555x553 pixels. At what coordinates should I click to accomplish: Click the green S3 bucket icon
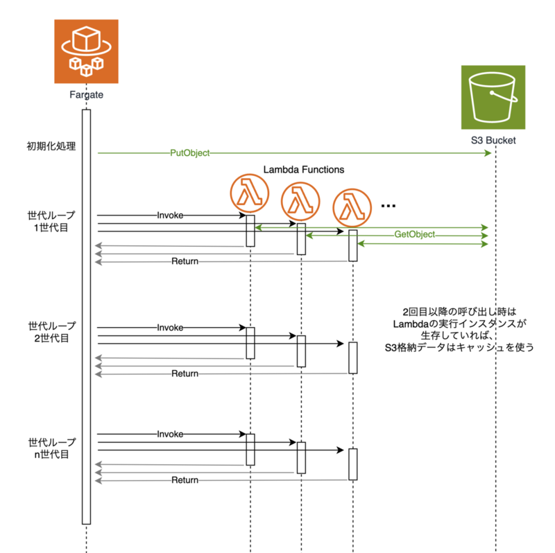(493, 97)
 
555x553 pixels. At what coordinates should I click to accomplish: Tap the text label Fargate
(87, 94)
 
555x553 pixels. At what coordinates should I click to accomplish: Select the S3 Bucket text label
(493, 141)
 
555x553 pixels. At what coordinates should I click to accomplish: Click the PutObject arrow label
(189, 152)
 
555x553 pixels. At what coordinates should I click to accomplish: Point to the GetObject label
(414, 235)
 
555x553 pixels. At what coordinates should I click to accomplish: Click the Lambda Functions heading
(304, 169)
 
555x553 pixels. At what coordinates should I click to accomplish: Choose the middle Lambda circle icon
(301, 201)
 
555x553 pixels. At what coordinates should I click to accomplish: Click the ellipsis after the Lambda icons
(388, 206)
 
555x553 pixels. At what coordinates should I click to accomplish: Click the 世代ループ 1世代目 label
(52, 220)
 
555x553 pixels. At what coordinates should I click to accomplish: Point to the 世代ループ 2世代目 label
(52, 332)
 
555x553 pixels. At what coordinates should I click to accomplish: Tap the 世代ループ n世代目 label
(52, 448)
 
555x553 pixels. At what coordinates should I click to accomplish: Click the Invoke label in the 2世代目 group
(170, 327)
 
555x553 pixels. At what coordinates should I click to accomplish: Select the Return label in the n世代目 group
(185, 480)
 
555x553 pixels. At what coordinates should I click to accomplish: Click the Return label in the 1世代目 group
(185, 261)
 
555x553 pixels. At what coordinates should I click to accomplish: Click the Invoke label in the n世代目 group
(170, 434)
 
